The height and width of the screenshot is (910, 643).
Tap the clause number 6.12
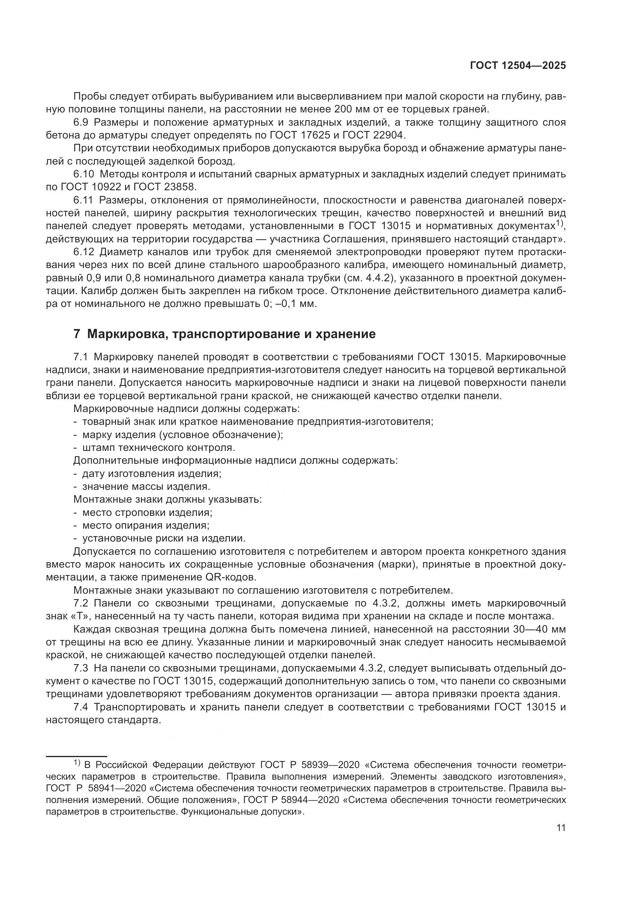[84, 252]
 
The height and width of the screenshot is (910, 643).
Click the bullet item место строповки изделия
[147, 513]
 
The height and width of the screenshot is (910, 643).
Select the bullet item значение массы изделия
[146, 487]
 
